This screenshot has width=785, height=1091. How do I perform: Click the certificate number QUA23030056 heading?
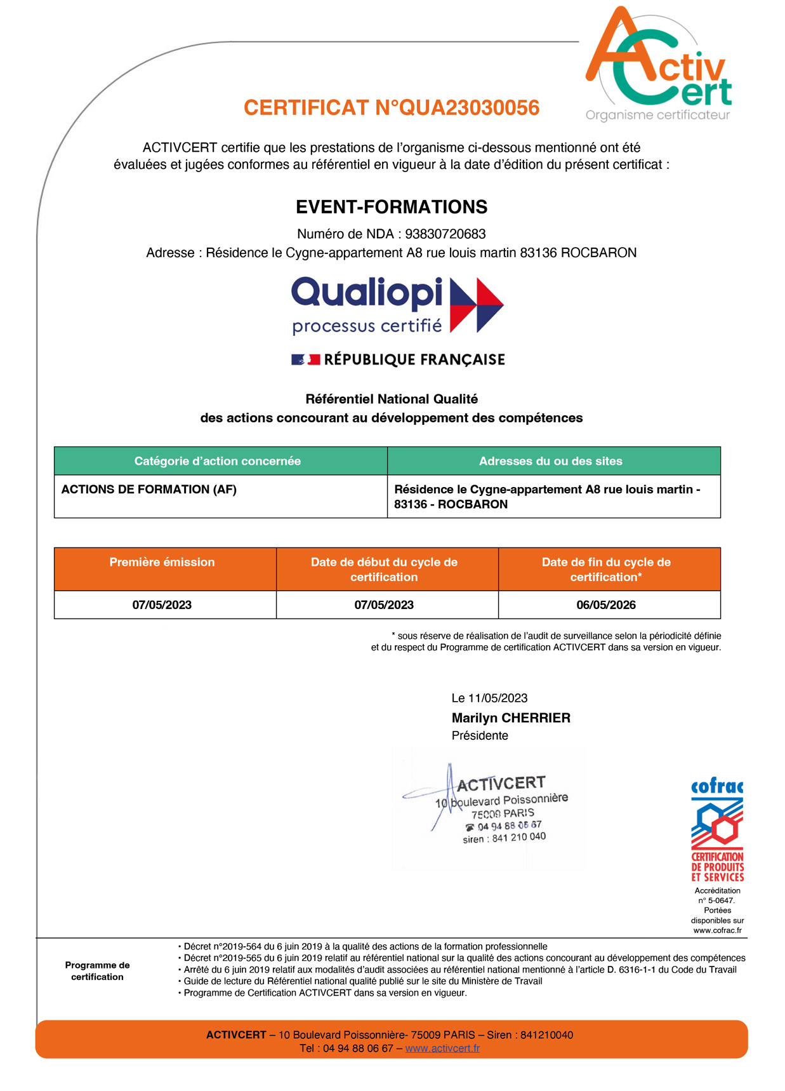(x=392, y=108)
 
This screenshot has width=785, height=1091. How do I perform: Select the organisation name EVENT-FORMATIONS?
(x=392, y=207)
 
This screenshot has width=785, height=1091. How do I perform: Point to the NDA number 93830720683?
(x=445, y=234)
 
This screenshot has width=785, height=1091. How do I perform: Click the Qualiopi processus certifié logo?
(x=397, y=305)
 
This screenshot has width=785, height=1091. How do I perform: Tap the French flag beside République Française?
(x=305, y=359)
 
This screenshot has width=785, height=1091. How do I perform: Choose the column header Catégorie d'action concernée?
(x=217, y=461)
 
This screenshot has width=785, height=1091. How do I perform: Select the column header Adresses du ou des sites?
(x=550, y=461)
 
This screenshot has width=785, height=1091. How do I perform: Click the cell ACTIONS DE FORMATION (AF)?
(x=149, y=490)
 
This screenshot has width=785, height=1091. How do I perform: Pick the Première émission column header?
(x=162, y=562)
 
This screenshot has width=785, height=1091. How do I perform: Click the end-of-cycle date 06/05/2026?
(x=606, y=605)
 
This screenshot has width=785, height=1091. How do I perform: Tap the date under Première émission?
(x=162, y=605)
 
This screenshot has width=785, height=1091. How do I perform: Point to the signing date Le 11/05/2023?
(x=489, y=698)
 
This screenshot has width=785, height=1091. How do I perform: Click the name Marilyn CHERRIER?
(x=511, y=718)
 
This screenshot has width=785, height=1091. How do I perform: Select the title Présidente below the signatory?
(x=480, y=735)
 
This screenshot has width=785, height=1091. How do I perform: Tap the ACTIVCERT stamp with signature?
(x=489, y=807)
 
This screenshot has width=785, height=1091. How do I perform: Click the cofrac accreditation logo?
(x=717, y=829)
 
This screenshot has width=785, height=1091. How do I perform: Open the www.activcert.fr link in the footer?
(x=442, y=1048)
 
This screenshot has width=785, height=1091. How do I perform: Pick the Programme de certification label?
(x=97, y=971)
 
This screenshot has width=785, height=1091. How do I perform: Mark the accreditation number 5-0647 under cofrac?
(x=720, y=900)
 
